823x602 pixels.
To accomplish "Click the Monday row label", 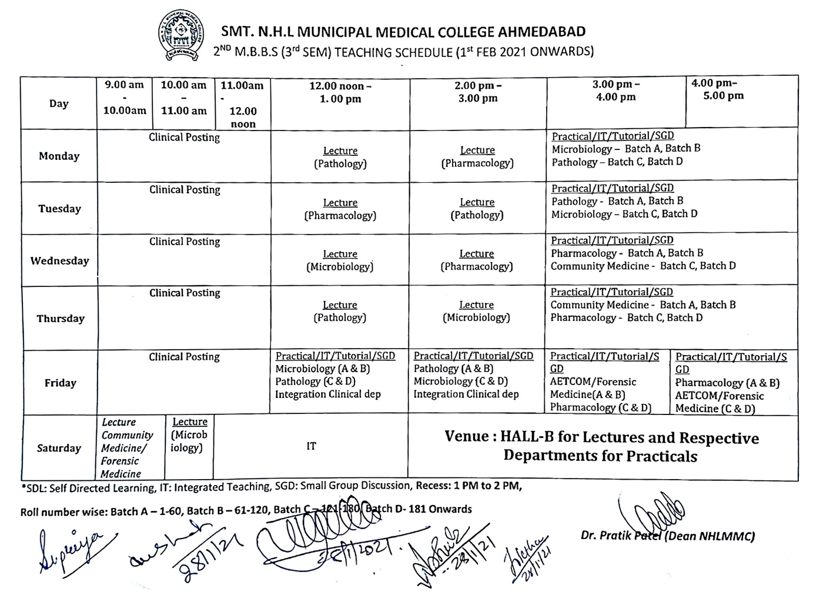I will (x=59, y=156).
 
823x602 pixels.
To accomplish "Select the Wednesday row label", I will (x=59, y=260).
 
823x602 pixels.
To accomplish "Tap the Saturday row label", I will (x=59, y=448).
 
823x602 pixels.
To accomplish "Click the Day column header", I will (x=59, y=103).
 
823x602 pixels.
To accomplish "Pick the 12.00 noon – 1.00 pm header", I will (x=340, y=92).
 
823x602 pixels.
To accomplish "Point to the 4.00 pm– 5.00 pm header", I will (x=717, y=89).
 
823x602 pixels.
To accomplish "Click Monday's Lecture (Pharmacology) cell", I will (x=477, y=157).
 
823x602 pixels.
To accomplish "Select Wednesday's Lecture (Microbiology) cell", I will (x=340, y=260).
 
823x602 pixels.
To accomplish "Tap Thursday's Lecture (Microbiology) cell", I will (x=476, y=312).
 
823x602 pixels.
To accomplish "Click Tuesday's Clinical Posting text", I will (x=185, y=190).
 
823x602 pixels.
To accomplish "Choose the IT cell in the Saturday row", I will (x=311, y=446).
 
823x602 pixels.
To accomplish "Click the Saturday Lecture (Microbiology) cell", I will (x=189, y=435).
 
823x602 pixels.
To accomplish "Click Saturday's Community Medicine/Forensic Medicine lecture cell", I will (x=127, y=448).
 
